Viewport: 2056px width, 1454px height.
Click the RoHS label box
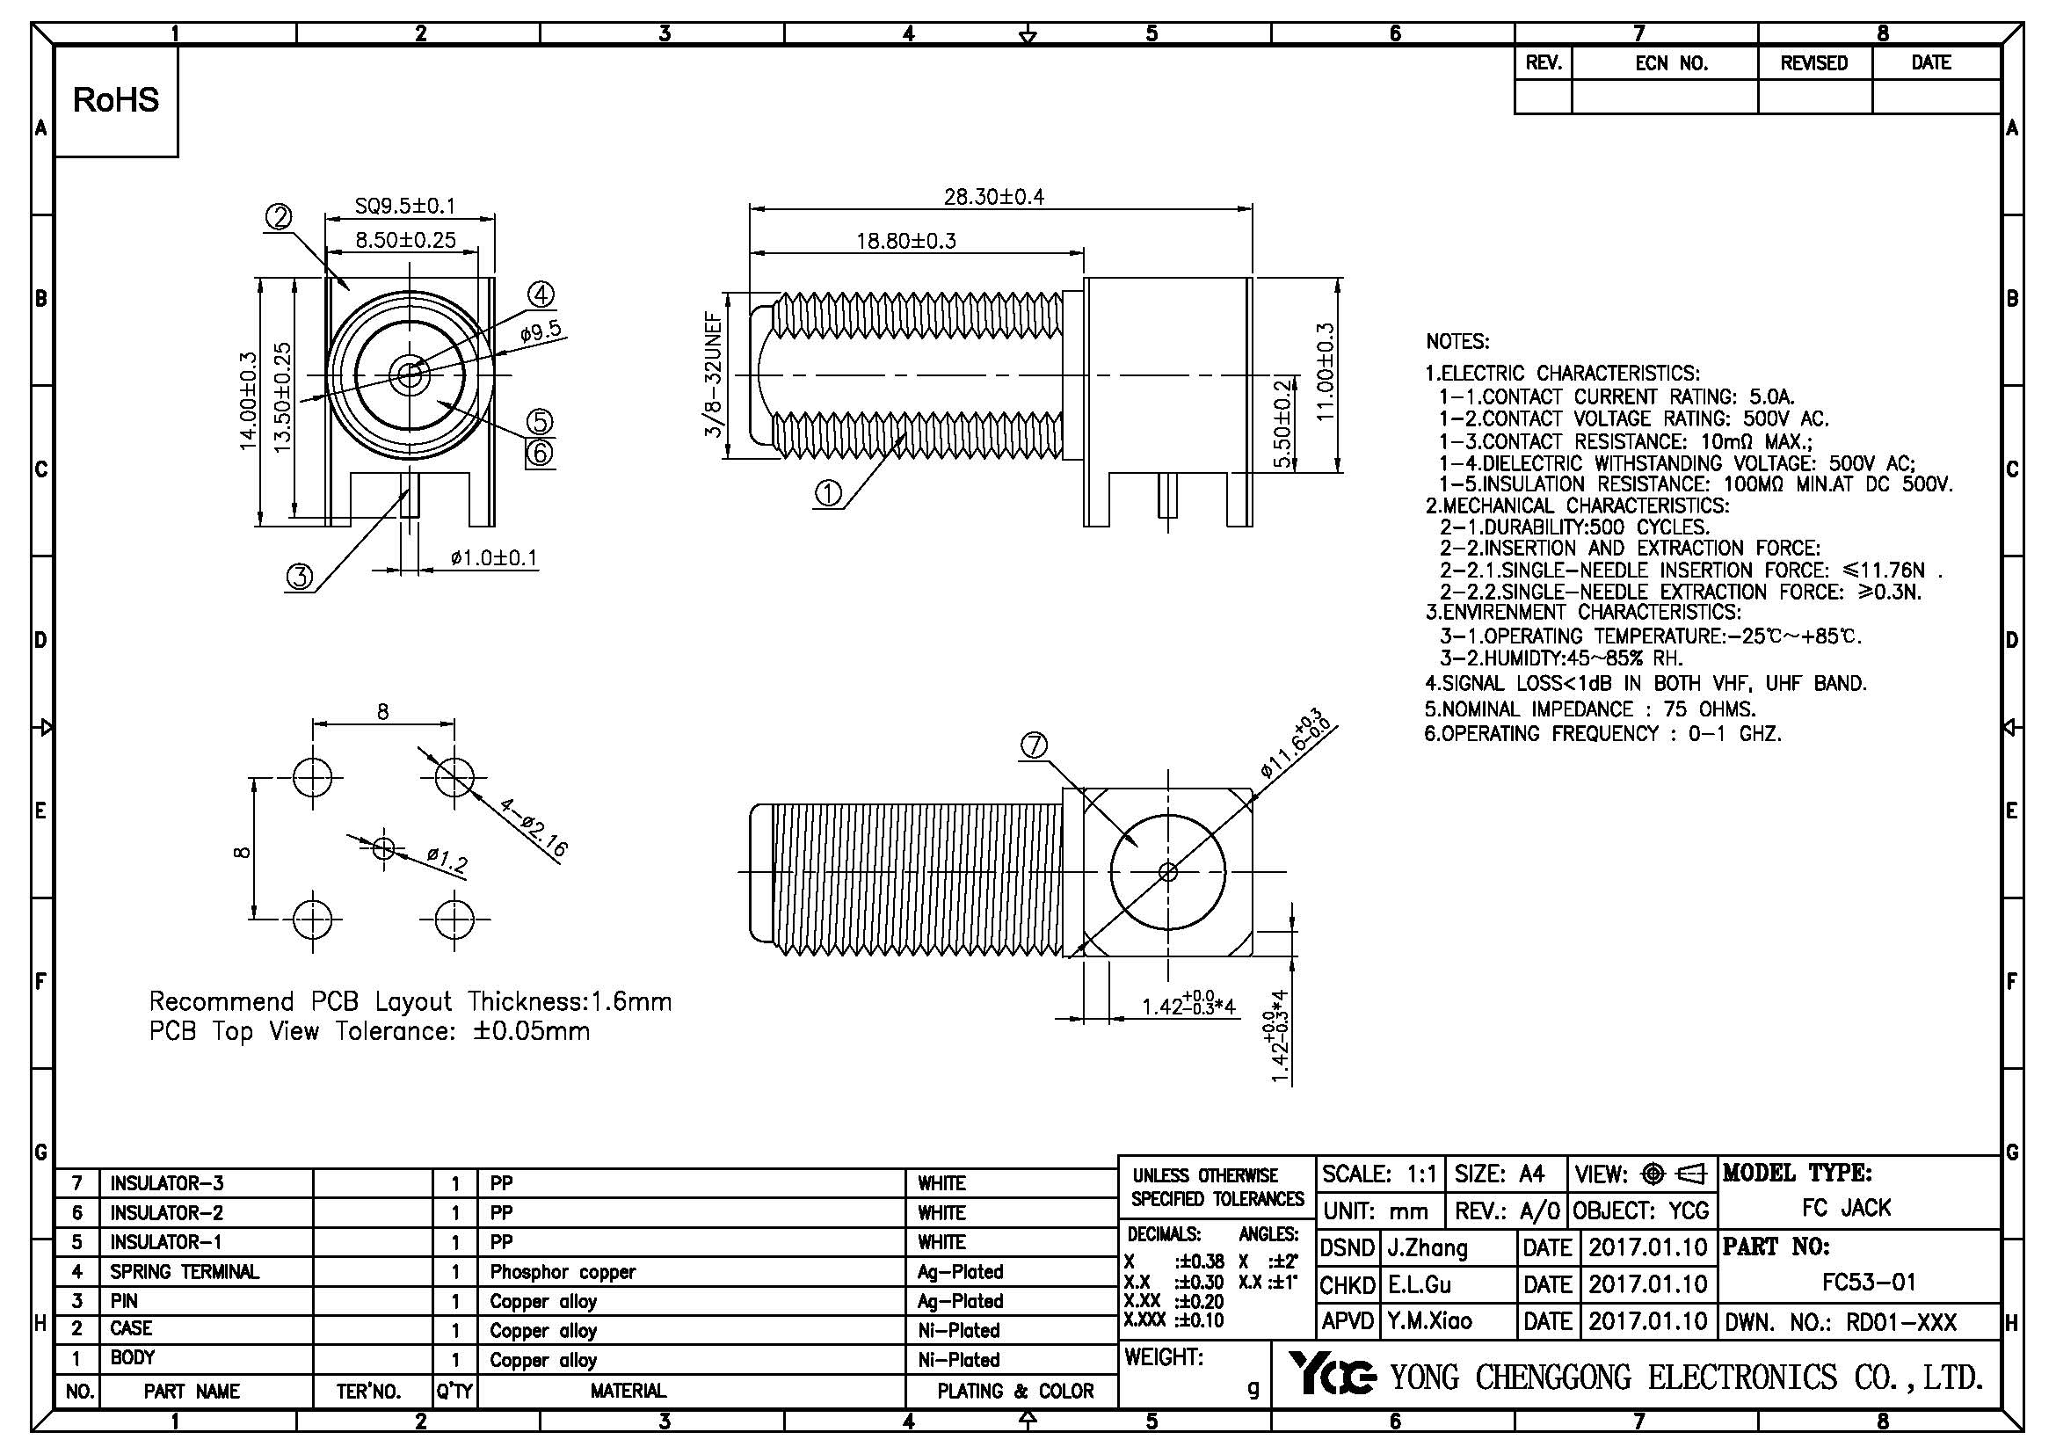click(x=116, y=100)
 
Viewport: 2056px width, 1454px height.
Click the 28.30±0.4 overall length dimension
click(x=994, y=196)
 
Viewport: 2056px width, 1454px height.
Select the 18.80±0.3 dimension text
click(x=906, y=241)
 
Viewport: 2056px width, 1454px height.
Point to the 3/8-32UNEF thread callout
click(x=714, y=374)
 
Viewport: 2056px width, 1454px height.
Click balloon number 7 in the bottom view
click(x=1035, y=745)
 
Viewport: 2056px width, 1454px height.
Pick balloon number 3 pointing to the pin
click(x=300, y=577)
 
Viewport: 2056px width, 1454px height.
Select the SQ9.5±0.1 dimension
click(x=404, y=206)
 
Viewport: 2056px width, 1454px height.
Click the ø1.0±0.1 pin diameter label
click(x=494, y=559)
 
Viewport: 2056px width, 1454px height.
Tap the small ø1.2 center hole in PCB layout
click(x=383, y=847)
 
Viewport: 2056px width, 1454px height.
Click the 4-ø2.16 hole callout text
click(x=534, y=828)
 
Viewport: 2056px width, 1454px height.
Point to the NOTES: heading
click(x=1457, y=342)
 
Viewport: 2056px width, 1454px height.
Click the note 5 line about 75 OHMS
click(x=1589, y=709)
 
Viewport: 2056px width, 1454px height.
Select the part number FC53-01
click(x=1869, y=1283)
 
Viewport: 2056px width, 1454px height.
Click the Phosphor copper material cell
click(x=563, y=1271)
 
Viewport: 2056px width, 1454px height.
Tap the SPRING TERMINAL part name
click(x=185, y=1271)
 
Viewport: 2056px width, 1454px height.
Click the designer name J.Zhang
click(x=1428, y=1247)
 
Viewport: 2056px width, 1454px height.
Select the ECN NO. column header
click(x=1671, y=63)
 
